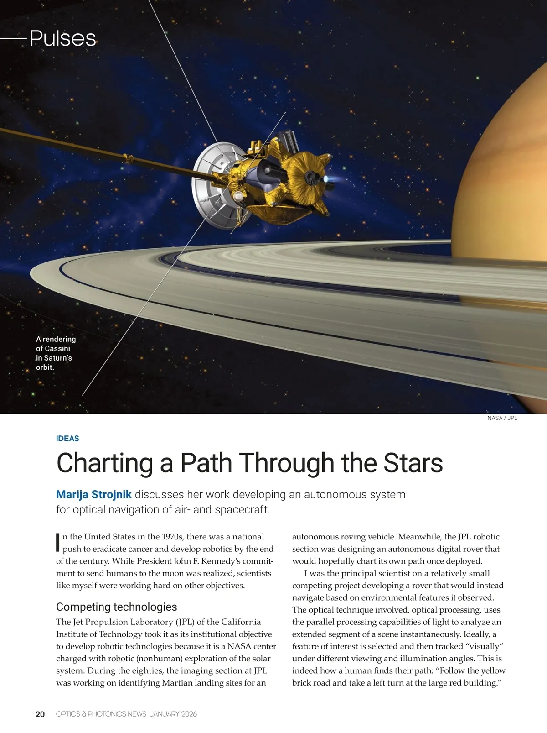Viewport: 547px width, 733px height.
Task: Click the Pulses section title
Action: (x=63, y=38)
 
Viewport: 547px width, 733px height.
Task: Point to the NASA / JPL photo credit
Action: (x=502, y=418)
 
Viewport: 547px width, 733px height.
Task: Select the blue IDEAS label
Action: (x=67, y=439)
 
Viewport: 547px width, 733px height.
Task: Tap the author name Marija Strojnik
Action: (x=94, y=494)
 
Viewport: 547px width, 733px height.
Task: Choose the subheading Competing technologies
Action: (x=116, y=607)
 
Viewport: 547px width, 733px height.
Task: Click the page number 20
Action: (x=40, y=714)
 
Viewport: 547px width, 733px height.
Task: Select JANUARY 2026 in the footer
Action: (x=173, y=714)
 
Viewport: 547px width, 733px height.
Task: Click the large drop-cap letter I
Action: (x=58, y=541)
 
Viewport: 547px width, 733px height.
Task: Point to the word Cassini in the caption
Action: (x=57, y=349)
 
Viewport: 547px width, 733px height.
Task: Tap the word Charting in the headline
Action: (x=104, y=463)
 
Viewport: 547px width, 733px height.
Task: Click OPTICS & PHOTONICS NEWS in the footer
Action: (x=101, y=714)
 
